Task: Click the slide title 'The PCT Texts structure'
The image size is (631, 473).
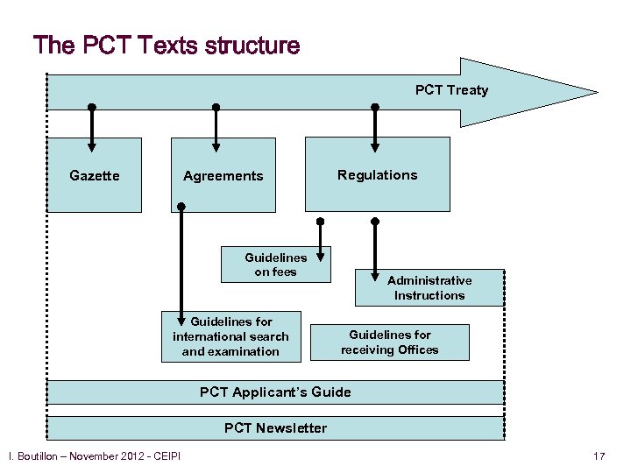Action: click(167, 46)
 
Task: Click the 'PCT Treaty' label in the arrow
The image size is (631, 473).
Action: click(451, 89)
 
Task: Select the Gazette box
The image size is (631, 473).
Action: click(94, 175)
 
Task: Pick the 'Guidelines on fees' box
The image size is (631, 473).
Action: click(275, 265)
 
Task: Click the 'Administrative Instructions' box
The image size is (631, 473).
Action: click(429, 288)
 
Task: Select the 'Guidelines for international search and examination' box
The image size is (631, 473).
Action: click(230, 336)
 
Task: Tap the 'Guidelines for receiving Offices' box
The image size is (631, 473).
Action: click(390, 342)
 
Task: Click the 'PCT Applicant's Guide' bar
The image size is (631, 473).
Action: click(275, 392)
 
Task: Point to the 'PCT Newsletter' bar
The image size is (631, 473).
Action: click(275, 428)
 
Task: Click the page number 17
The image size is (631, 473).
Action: click(599, 456)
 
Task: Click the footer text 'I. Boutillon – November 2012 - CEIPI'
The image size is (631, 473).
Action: click(94, 456)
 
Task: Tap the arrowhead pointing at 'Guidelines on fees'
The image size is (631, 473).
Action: click(322, 256)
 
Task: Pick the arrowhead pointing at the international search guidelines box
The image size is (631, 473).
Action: click(181, 321)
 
